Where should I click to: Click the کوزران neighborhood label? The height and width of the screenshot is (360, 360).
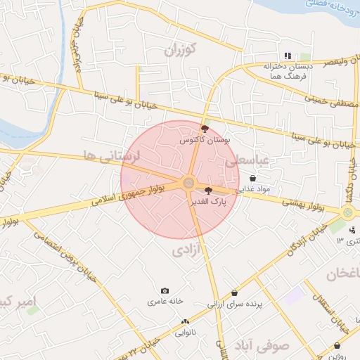point(180,50)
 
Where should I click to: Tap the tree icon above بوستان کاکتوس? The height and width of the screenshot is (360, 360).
point(205,129)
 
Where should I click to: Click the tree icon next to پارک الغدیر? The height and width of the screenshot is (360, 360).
point(208,190)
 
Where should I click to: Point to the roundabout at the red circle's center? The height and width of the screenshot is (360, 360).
point(188,184)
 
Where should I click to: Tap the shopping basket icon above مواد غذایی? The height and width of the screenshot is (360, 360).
point(252,179)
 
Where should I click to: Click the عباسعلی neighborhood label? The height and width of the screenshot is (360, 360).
point(247,162)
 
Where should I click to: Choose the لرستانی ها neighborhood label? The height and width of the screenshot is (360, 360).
point(112,155)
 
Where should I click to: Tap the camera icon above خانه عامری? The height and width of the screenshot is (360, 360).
point(165,290)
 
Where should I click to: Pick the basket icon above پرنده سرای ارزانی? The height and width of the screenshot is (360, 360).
point(234,293)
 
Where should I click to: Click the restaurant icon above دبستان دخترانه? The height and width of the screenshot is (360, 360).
point(287,56)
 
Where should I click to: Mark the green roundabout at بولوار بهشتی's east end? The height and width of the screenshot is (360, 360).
point(347,212)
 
